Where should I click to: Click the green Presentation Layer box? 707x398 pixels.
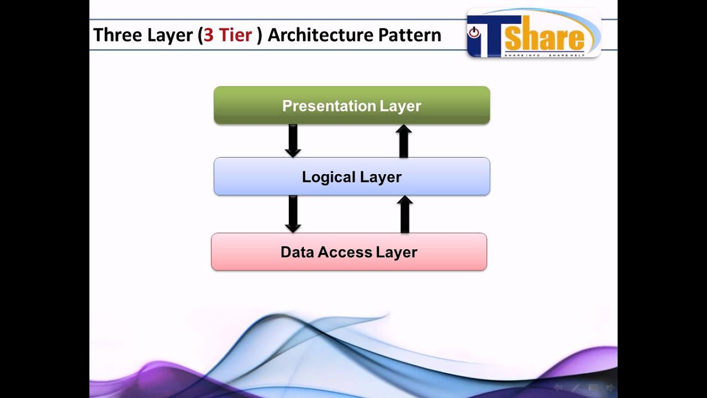tap(351, 105)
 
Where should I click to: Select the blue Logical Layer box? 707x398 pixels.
tap(351, 176)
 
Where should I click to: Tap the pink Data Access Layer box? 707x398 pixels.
tap(349, 252)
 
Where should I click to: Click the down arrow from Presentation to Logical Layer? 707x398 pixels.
tap(293, 140)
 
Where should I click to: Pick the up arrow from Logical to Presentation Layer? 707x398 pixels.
tap(404, 141)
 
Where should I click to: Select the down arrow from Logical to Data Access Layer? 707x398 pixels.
tap(293, 213)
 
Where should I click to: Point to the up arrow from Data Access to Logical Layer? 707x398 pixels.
tap(405, 214)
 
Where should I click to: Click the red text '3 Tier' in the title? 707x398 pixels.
tap(228, 35)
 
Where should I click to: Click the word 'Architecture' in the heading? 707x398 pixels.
tap(320, 35)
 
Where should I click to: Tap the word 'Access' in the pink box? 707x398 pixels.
tap(346, 252)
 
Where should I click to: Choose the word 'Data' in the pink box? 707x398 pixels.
tap(297, 252)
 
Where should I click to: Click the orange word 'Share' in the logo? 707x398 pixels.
tap(544, 38)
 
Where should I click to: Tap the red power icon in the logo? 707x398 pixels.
tap(474, 33)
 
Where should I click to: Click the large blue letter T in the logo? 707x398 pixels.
tap(486, 35)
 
